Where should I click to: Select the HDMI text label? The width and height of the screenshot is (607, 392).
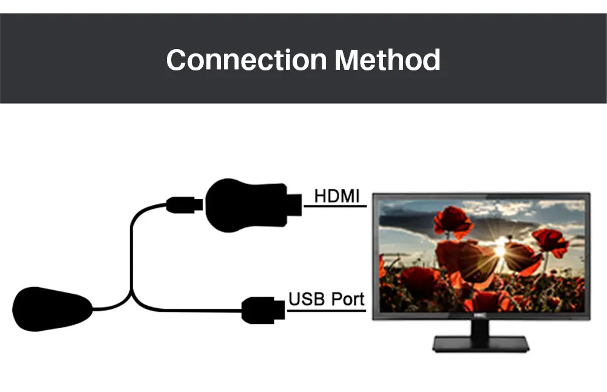337,196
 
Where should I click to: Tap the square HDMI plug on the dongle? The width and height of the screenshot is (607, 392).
294,203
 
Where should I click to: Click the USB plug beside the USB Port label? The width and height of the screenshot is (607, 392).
263,310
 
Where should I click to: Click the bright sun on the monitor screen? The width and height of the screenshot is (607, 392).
500,249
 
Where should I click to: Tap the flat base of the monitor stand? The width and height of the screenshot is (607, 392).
481,344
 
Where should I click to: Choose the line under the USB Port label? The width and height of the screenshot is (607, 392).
327,310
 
